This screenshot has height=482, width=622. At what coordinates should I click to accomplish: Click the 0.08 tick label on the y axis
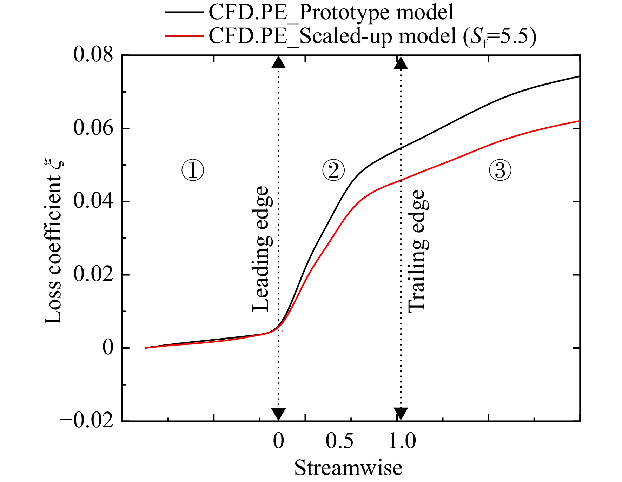tap(93, 55)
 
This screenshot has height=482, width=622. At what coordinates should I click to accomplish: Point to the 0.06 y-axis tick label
tap(93, 128)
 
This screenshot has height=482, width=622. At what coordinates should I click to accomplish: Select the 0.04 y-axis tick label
tap(93, 201)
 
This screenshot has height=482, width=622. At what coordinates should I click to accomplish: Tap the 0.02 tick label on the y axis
tap(93, 274)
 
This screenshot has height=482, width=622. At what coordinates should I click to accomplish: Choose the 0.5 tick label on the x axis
tap(339, 441)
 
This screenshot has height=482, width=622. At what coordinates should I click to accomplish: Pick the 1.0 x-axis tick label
tap(402, 441)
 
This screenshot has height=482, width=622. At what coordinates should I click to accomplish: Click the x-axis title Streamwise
tap(348, 468)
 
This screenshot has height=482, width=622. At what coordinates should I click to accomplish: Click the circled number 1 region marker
tap(193, 170)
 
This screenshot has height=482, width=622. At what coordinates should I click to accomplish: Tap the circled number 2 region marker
tap(333, 170)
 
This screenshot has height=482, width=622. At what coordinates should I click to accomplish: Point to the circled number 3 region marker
tap(500, 170)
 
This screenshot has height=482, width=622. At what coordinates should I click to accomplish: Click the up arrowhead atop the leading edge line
tap(279, 62)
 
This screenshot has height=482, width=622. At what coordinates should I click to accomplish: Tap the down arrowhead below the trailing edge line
tap(401, 414)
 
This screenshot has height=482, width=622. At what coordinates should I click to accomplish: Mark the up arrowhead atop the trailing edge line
tap(401, 63)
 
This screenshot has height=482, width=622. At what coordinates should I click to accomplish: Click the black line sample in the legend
tap(184, 12)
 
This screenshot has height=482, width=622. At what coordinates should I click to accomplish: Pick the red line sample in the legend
tap(184, 36)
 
